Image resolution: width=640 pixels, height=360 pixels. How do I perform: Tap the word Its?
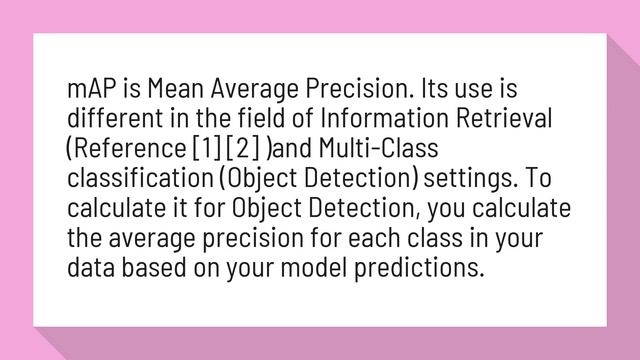[437, 89]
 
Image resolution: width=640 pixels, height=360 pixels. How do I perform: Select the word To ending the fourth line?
[536, 179]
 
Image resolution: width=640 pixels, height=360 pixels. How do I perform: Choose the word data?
[88, 268]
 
